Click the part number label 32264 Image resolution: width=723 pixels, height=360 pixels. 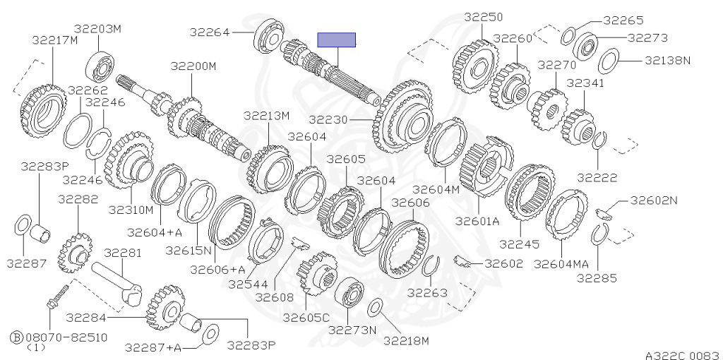coord(209,32)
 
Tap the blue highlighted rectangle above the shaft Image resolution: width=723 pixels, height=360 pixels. coord(337,40)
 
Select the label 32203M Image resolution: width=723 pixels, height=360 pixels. coord(97,29)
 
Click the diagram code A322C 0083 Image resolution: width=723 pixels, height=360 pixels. coord(681,355)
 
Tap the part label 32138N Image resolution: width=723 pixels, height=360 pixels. coord(667,60)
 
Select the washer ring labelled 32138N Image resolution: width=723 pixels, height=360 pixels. coord(609,61)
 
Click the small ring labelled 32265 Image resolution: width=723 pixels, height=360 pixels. coord(568,37)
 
